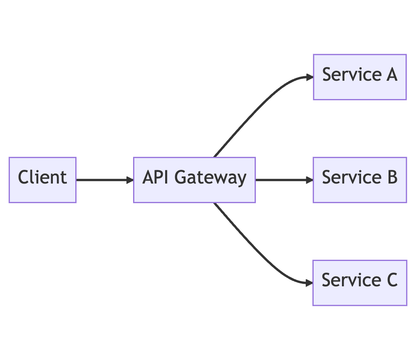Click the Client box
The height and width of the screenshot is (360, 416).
click(x=42, y=180)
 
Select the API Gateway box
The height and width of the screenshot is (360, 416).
click(x=194, y=180)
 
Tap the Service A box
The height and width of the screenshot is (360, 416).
click(x=359, y=77)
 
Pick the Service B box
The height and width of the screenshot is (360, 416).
click(x=359, y=180)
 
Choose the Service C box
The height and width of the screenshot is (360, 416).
click(x=359, y=283)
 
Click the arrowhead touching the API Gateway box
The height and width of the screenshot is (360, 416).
click(x=129, y=180)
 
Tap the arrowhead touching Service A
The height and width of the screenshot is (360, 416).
click(x=309, y=77)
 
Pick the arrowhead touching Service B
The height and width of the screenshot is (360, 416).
click(x=309, y=180)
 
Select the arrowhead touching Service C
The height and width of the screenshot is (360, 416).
click(x=309, y=283)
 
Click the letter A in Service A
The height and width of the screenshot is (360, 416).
click(x=391, y=75)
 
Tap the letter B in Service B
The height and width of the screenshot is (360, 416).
click(x=391, y=178)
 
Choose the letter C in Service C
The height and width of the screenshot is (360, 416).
click(x=391, y=280)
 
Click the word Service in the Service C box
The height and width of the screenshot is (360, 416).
click(x=347, y=280)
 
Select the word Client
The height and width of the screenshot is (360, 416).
click(x=42, y=178)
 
